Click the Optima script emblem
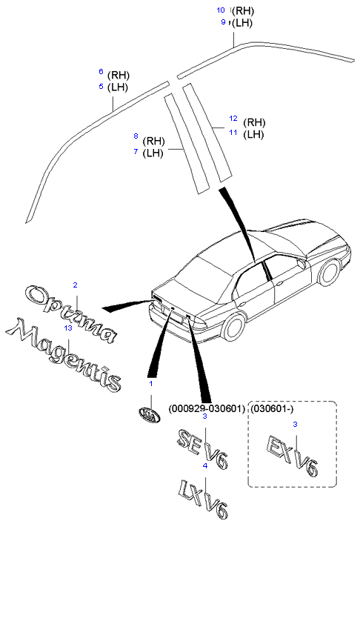point(70,314)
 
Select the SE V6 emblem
point(201,448)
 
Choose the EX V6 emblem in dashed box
point(292,456)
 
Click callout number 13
point(68,328)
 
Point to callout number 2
point(76,285)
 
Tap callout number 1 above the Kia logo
point(151,383)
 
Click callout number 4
point(205,465)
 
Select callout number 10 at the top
point(221,10)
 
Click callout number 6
point(101,72)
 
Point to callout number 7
point(136,151)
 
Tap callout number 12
point(233,119)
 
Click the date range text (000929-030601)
point(207,408)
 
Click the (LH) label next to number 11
point(253,134)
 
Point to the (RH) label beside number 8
point(153,142)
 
